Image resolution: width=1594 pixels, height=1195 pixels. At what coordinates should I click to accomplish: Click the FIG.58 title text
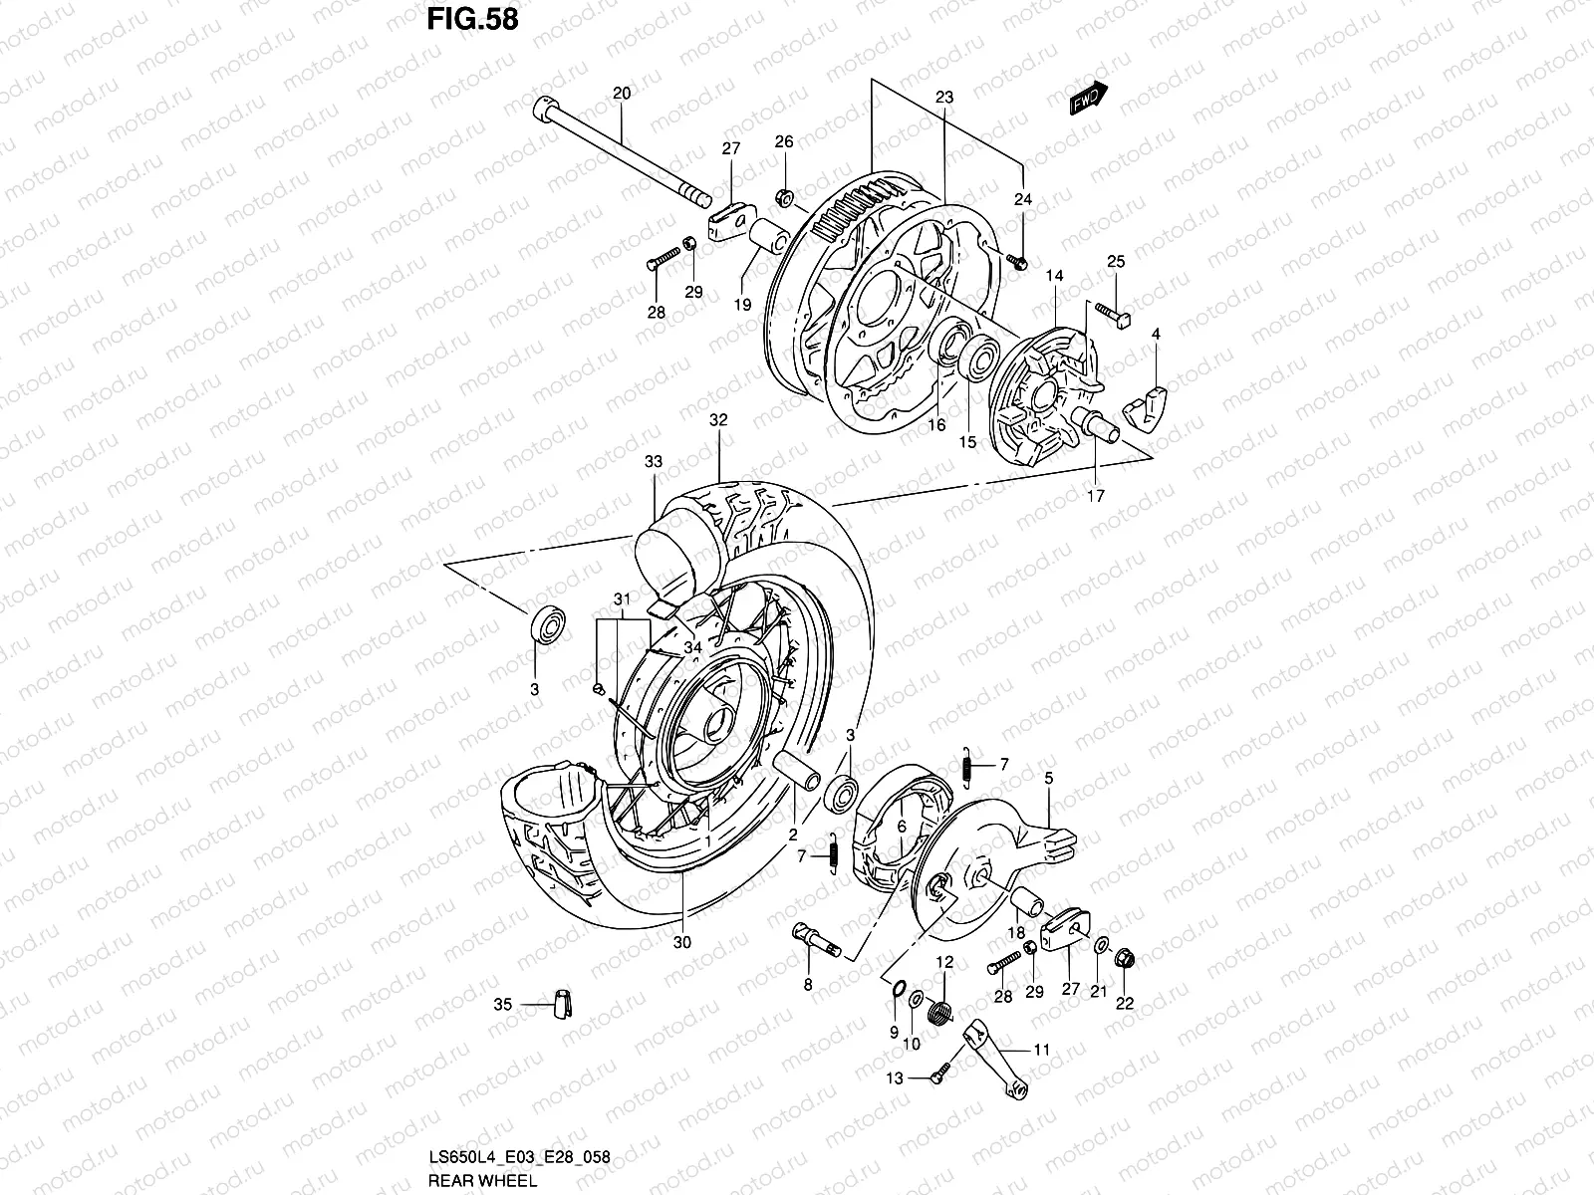coord(472,19)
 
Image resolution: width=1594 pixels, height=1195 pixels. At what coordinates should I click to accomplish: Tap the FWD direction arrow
coord(1088,99)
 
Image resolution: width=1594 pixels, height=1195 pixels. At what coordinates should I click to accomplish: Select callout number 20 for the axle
coord(622,94)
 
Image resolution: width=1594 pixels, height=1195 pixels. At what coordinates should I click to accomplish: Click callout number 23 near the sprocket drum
coord(944,98)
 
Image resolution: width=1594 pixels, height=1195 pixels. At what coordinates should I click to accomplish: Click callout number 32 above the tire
coord(718,420)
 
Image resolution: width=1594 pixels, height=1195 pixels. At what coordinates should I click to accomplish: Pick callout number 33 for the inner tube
coord(653,463)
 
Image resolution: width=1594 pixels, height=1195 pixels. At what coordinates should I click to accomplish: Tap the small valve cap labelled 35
coord(561,1005)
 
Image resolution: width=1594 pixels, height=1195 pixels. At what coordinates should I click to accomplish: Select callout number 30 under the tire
coord(682,942)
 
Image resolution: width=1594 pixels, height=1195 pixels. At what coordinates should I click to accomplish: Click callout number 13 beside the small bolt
coord(895,1076)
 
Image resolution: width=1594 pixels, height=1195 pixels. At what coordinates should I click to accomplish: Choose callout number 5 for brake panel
coord(1048,779)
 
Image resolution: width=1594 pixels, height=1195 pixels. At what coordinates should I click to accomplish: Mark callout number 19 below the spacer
coord(743,307)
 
